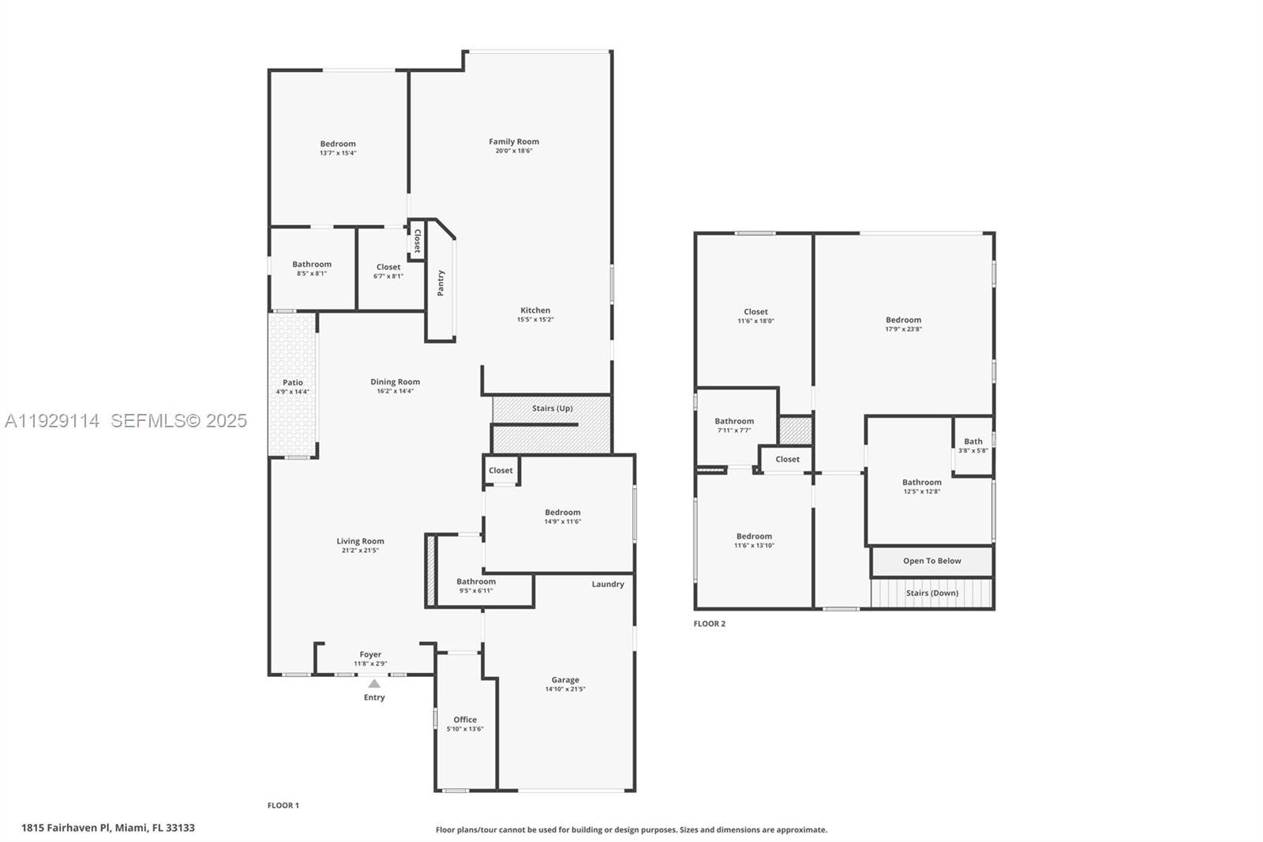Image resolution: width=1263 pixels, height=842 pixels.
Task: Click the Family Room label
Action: pos(514,142)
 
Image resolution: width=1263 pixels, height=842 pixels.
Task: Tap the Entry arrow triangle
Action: pos(374,684)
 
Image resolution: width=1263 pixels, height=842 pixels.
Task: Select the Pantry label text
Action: pos(440,283)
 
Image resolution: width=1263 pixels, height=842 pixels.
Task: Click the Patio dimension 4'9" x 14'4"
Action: pos(292,392)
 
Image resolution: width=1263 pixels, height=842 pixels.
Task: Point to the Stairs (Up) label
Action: pos(553,408)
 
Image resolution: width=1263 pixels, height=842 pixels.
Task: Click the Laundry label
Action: pos(608,585)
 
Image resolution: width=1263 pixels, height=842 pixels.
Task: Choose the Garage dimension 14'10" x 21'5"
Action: pos(565,690)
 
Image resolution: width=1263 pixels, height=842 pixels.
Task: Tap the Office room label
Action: pos(465,720)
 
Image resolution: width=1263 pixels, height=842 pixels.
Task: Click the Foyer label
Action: pos(370,655)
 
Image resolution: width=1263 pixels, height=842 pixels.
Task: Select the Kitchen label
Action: pos(535,310)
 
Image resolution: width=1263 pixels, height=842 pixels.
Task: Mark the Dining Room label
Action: pos(395,382)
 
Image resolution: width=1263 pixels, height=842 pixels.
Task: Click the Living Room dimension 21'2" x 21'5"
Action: pos(360,551)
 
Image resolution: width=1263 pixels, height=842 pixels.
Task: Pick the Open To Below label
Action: pos(932,561)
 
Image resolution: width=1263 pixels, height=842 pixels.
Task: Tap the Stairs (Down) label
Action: pos(932,593)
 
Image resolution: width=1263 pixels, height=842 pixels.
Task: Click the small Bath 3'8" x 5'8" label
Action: pos(973,442)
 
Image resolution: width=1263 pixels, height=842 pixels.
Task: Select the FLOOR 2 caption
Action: pos(709,624)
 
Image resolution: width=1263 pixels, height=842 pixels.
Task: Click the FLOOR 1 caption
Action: pos(283,806)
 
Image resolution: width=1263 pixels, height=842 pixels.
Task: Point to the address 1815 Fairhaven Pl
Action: pos(108,828)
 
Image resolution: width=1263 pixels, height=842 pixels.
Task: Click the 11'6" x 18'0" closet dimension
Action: pos(755,321)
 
